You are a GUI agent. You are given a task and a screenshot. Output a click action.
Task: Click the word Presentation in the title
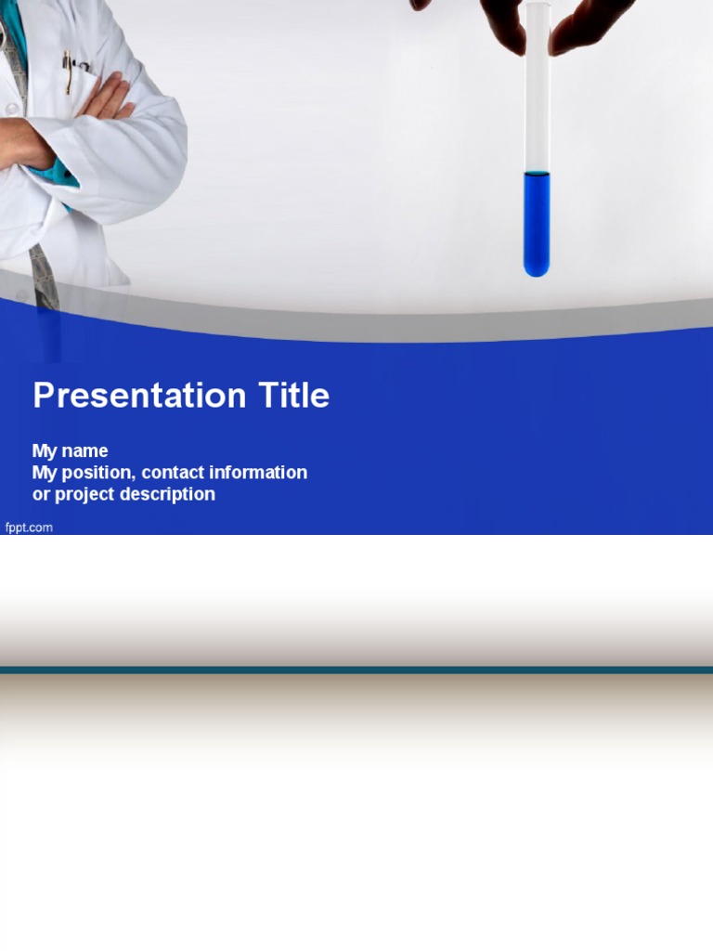139,396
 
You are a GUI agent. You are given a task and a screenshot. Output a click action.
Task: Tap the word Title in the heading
294,395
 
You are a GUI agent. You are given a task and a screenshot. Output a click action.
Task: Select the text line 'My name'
70,451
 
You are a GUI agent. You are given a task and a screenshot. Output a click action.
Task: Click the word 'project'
84,495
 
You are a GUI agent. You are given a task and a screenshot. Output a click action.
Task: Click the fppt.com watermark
29,528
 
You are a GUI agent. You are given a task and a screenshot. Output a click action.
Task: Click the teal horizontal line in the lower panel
356,671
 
